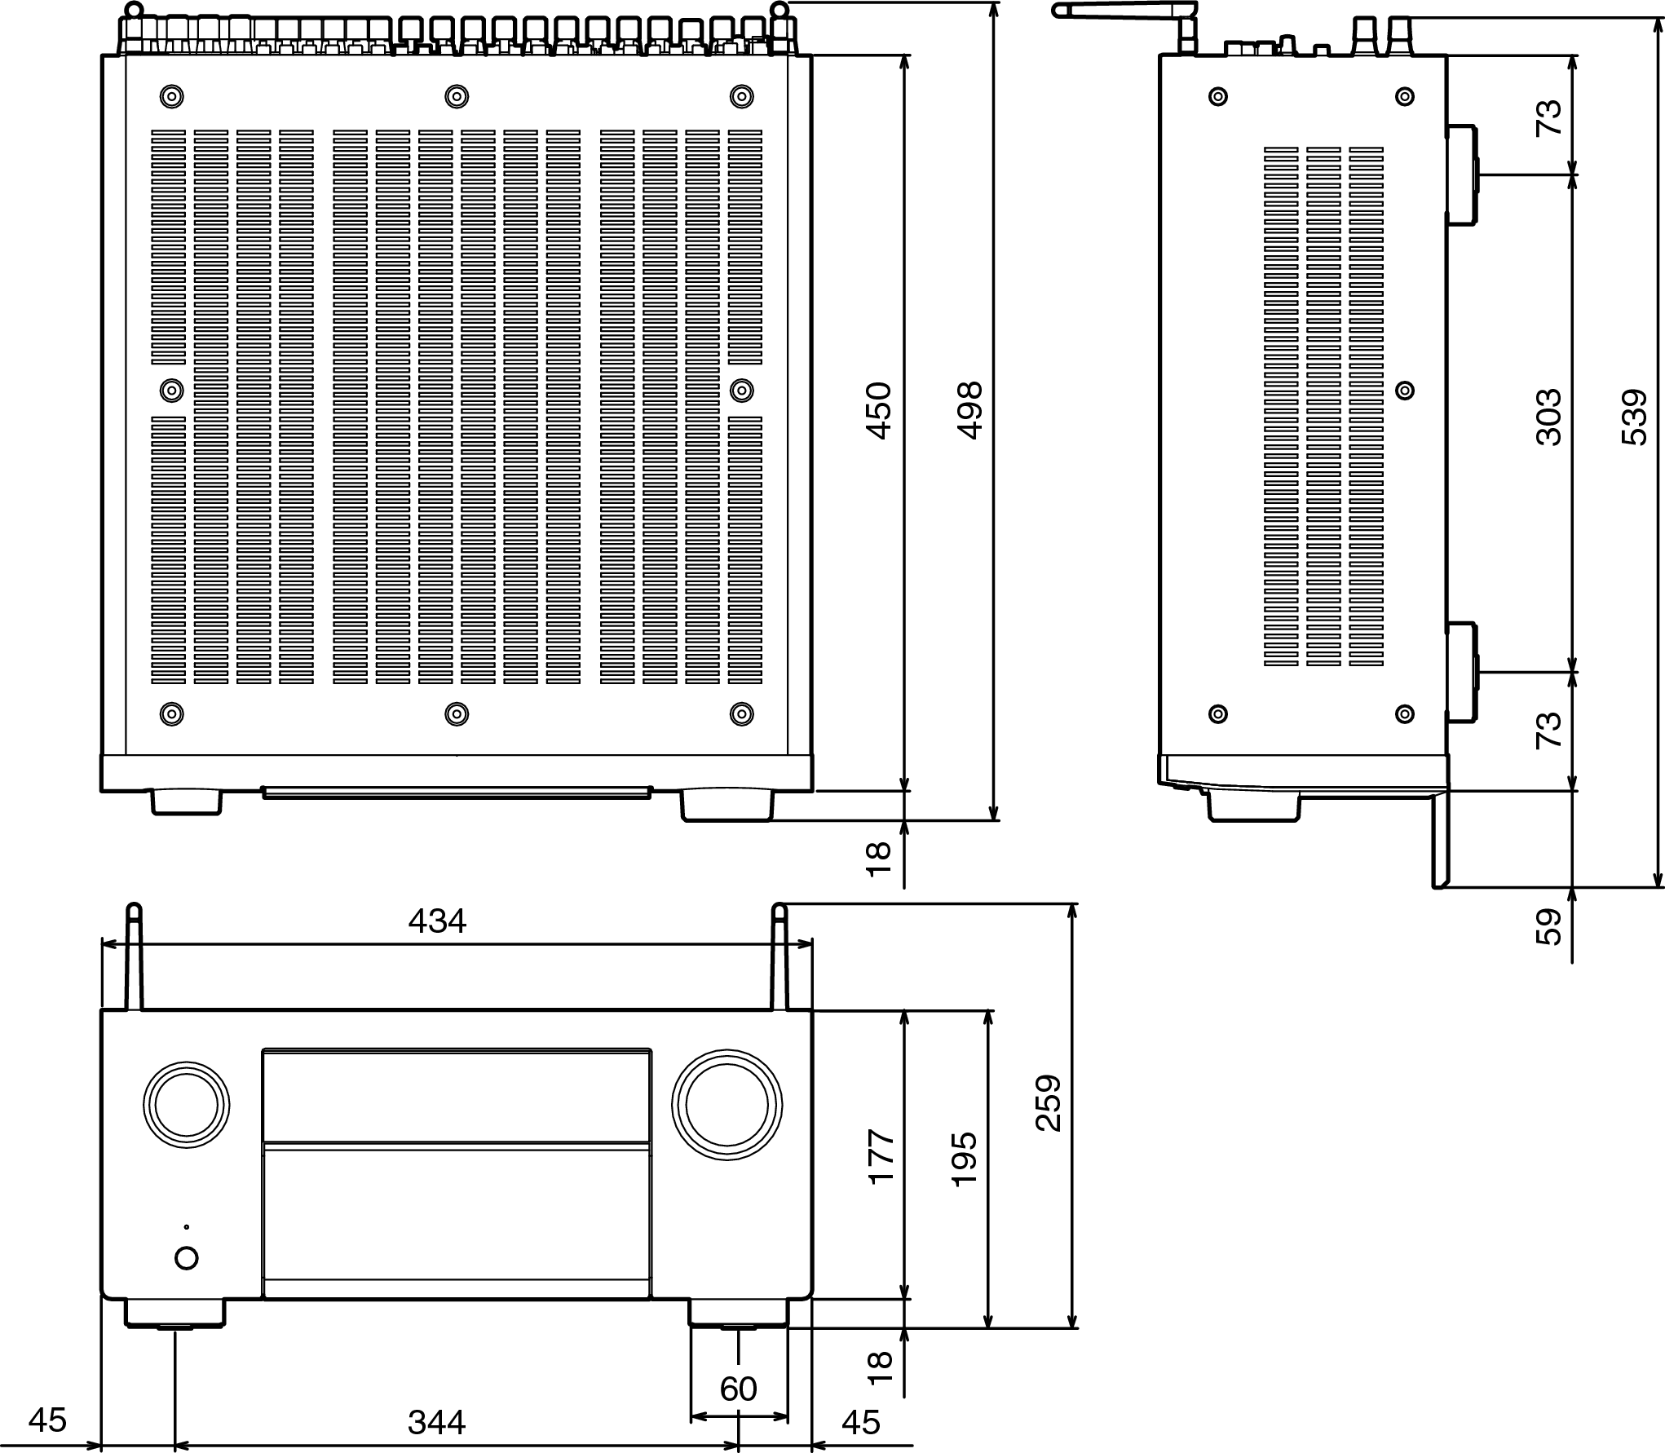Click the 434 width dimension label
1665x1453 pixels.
click(437, 921)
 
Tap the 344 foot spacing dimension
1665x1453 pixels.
click(437, 1422)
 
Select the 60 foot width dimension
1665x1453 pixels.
click(739, 1389)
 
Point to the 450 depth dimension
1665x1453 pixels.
click(879, 411)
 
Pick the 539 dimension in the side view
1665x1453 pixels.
click(1634, 417)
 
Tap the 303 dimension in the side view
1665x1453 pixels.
click(1548, 417)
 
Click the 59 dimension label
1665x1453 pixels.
click(1548, 926)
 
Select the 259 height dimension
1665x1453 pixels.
click(1049, 1102)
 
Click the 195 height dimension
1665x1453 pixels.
click(964, 1159)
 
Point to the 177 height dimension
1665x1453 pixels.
click(881, 1156)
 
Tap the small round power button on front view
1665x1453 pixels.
click(187, 1258)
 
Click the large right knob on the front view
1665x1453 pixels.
click(727, 1106)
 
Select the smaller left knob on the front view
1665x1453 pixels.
click(186, 1106)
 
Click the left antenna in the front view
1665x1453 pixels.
click(135, 956)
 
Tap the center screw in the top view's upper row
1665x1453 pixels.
click(457, 97)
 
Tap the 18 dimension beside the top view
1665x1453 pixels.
click(879, 859)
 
